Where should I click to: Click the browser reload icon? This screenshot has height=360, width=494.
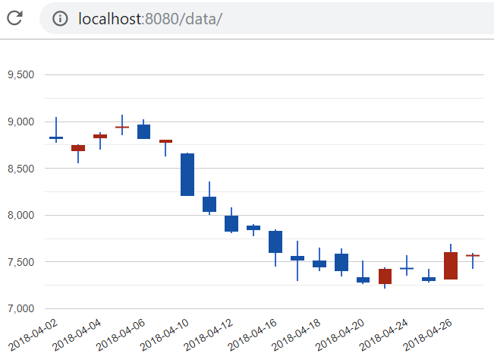[14, 18]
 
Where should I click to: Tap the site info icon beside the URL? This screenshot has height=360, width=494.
[60, 18]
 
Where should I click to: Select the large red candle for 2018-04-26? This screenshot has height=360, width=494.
[451, 266]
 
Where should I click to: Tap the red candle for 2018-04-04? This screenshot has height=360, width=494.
[100, 136]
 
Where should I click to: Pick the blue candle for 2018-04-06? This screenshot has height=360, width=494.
[143, 132]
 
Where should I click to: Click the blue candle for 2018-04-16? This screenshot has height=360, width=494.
[275, 242]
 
